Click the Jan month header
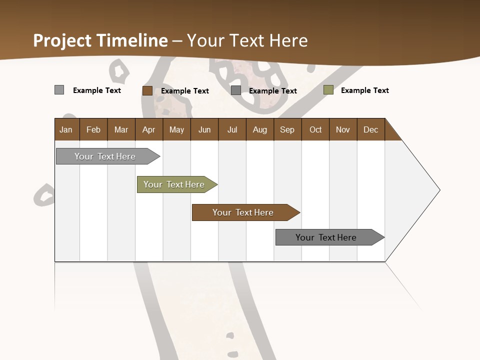coord(66,129)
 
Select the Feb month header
coord(93,129)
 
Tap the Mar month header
coord(121,129)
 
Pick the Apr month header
coord(149,129)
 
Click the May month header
coord(176,129)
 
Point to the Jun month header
coord(204,129)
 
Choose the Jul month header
coord(232,129)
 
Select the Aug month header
coord(260,129)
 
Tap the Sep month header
coord(287,129)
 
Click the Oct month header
coord(315,129)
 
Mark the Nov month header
coord(343,129)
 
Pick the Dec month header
coord(371,129)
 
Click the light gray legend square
coord(59,90)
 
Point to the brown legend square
coord(147,90)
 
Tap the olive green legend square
coord(328,90)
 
